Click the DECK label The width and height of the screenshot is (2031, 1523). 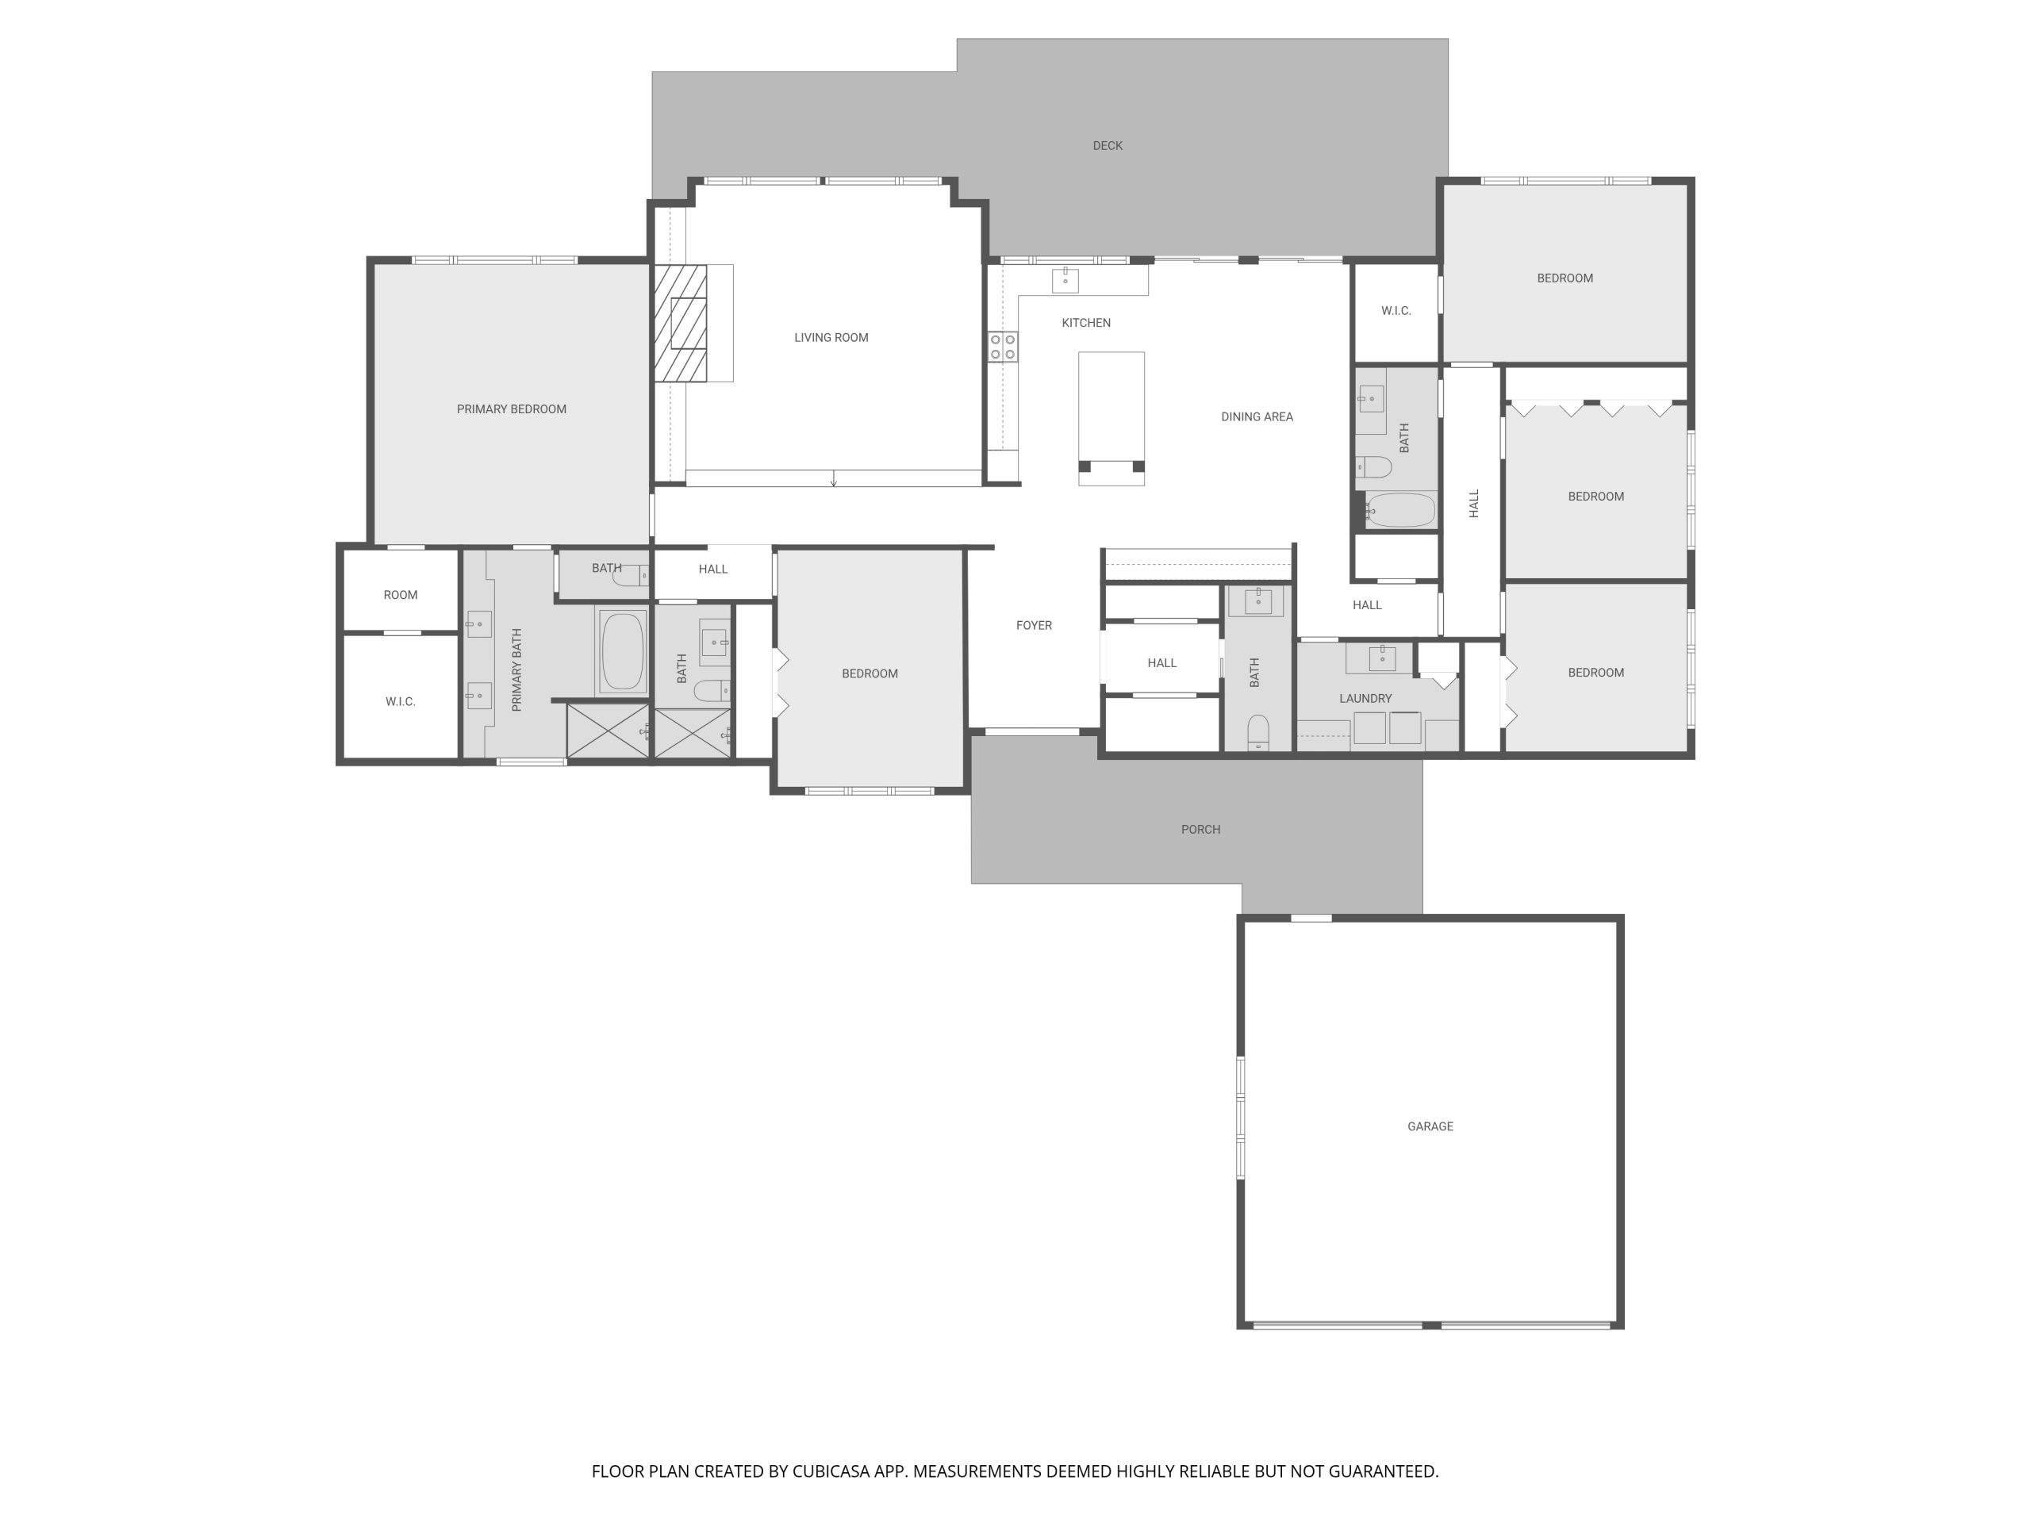[x=1108, y=146]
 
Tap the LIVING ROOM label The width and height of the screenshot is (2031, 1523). [x=831, y=338]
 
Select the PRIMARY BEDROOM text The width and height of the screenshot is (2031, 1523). [x=512, y=409]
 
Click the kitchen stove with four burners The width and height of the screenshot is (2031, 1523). [x=1003, y=347]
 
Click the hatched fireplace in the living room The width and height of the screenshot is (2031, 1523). [x=681, y=323]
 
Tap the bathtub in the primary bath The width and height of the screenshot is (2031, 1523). [x=623, y=651]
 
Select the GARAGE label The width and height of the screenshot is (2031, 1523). [x=1430, y=1126]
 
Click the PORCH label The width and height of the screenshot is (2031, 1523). [x=1200, y=830]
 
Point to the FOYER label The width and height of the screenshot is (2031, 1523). [x=1034, y=625]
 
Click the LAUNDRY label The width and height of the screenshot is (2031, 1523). [x=1365, y=699]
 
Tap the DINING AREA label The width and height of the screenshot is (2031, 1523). [x=1257, y=416]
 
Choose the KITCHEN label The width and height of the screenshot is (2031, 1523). [x=1086, y=323]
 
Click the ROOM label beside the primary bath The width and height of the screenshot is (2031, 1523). [x=401, y=595]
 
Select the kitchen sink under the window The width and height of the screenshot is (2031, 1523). [x=1065, y=279]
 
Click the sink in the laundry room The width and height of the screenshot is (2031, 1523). [x=1382, y=658]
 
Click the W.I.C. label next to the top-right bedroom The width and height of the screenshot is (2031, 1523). [x=1396, y=311]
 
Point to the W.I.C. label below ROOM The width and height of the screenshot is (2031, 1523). [x=401, y=702]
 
